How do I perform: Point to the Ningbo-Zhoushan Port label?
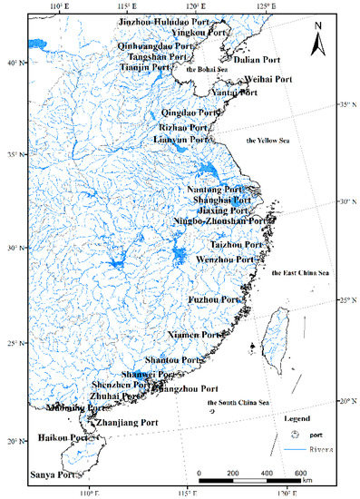(x=219, y=220)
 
